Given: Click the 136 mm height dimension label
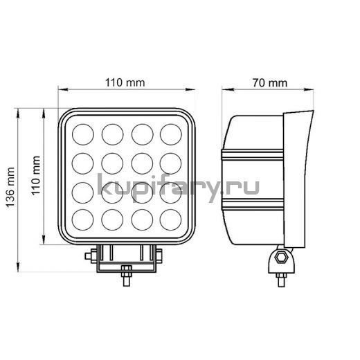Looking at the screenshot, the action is tap(10, 188).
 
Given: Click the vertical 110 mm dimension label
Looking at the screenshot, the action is tap(36, 176).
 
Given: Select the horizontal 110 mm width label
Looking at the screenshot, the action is tap(125, 82).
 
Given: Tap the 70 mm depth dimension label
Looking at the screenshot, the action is tap(270, 83).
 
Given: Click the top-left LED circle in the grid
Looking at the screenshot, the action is tap(83, 134).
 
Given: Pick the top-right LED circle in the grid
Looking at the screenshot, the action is tap(171, 134).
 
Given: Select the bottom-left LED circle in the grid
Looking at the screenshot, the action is tap(82, 219).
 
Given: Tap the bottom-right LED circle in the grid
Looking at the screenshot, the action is tap(170, 219).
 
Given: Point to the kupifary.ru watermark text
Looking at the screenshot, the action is tap(179, 188).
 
